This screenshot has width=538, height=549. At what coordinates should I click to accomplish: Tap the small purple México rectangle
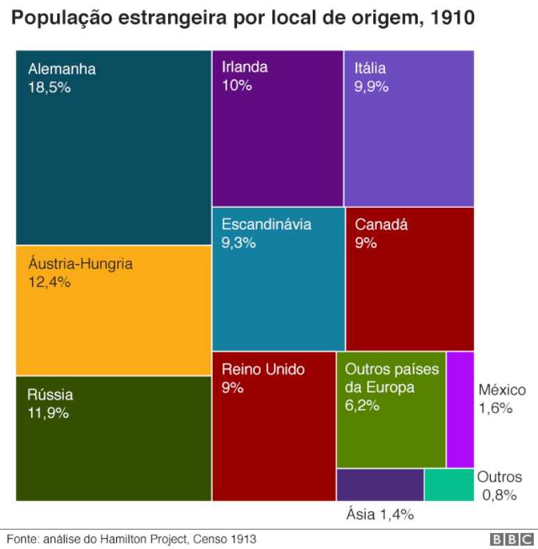coord(460,410)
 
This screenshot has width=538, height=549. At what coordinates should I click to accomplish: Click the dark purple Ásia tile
coord(380,485)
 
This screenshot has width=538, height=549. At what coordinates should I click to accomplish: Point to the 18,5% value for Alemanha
coord(50,88)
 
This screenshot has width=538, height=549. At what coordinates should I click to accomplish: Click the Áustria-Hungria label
coord(80,264)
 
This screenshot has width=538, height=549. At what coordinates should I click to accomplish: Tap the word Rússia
coord(50,395)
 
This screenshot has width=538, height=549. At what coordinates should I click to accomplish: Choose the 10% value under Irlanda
coord(236,85)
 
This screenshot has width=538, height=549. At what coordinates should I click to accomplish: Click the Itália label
coord(370,68)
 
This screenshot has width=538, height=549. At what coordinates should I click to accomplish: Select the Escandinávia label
coord(266,224)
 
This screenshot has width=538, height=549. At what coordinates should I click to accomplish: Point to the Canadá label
coord(381,224)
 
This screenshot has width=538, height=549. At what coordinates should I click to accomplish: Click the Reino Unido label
coord(263,369)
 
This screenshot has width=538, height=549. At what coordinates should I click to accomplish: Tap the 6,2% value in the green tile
coord(362,405)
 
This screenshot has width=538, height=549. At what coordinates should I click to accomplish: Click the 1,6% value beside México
coord(495,408)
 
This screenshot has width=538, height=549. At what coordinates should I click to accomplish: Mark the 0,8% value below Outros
coord(500,495)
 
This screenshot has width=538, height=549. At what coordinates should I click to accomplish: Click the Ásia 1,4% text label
coord(380,514)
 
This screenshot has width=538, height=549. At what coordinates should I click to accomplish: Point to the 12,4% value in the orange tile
coord(50,282)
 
